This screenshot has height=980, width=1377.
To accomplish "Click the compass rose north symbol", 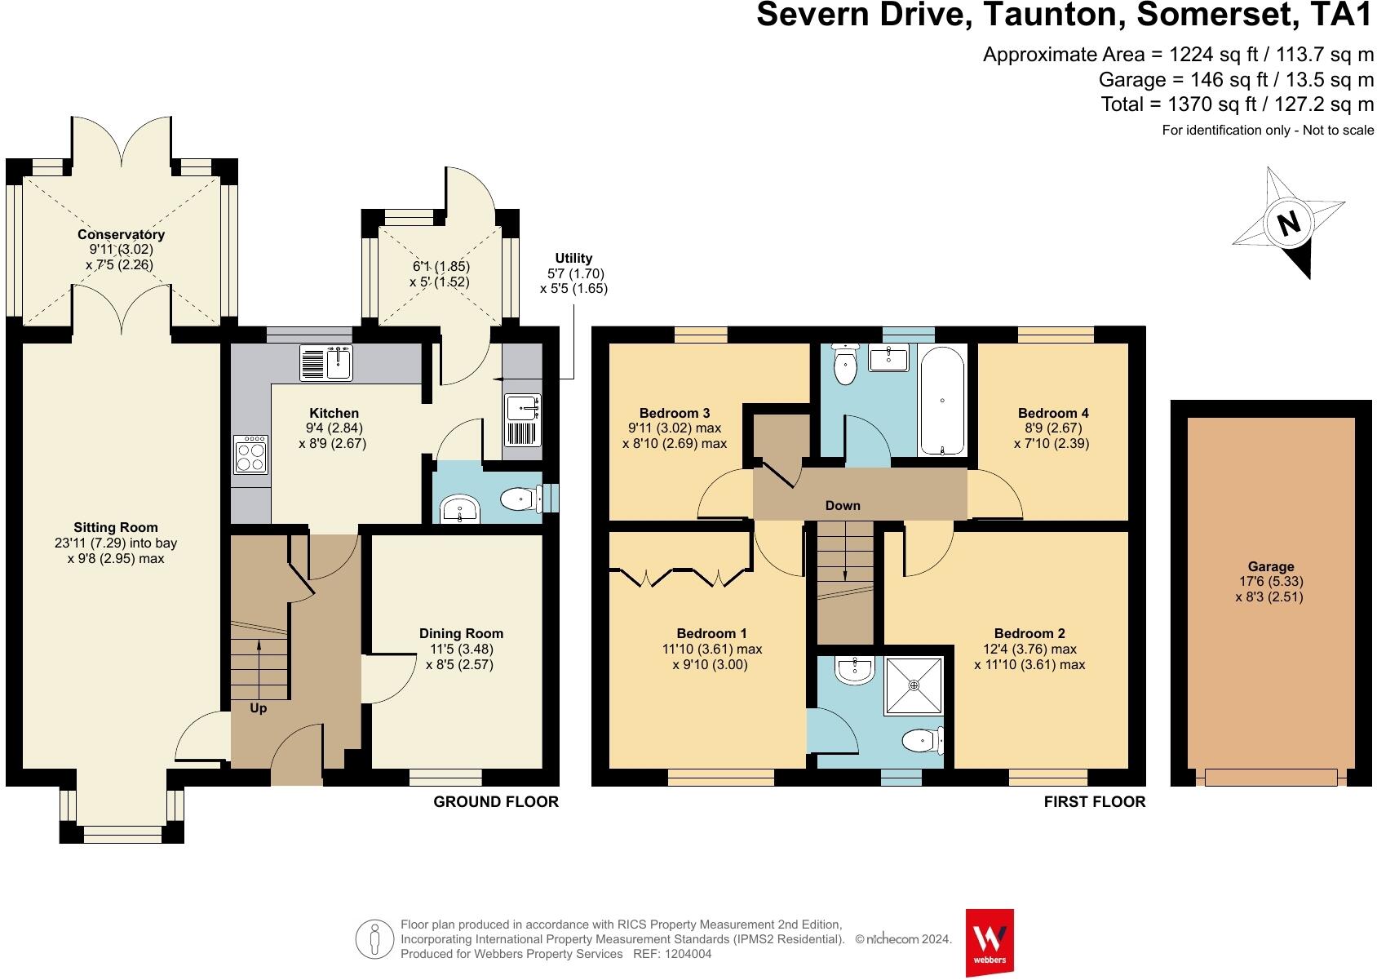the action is point(1288,223).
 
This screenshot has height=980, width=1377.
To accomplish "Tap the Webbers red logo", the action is point(989,942).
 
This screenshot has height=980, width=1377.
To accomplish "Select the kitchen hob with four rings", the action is point(250,455).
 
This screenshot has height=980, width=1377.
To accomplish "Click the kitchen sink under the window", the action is point(325,363).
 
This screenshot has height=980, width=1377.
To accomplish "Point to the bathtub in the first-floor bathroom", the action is point(942,401).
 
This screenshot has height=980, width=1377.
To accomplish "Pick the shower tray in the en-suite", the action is point(914,685).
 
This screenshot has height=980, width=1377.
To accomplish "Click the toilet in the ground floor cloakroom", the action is point(521,499).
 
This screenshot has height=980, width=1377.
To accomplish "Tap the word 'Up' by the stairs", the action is point(258,708).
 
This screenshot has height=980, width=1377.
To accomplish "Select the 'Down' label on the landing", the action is point(842,505).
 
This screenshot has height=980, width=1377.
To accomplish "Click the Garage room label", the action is point(1271,566).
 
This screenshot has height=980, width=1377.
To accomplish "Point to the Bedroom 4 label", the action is point(1053,413).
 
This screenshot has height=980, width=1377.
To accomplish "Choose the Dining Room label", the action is point(461,633).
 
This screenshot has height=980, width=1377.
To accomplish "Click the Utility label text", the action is point(573,258).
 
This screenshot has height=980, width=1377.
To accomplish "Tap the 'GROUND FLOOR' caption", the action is point(496,801).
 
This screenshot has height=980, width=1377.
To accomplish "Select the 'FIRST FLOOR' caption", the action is point(1095,801).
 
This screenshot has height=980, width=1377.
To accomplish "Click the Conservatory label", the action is point(121,234).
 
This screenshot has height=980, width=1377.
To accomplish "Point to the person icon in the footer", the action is point(374,939).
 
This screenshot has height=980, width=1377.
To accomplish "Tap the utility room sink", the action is point(523,420).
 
